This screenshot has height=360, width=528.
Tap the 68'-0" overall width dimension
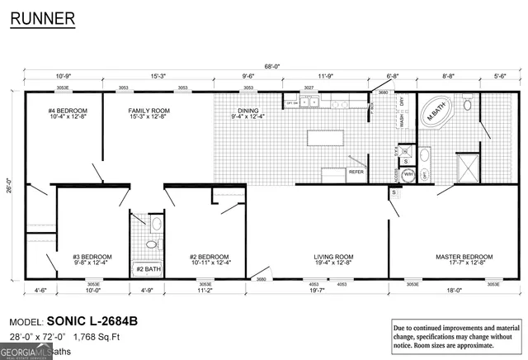tap(271, 67)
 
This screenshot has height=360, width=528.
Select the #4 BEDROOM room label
tap(68, 113)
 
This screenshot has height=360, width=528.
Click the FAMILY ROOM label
tap(148, 113)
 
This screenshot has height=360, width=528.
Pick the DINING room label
tap(247, 113)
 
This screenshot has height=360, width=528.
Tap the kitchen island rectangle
tap(325, 138)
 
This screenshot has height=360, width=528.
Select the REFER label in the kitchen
tap(356, 172)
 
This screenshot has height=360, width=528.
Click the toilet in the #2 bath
tap(150, 244)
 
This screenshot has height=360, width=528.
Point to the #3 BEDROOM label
tap(92, 259)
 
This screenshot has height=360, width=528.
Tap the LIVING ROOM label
tap(333, 259)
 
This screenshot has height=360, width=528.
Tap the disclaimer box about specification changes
tap(455, 337)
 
